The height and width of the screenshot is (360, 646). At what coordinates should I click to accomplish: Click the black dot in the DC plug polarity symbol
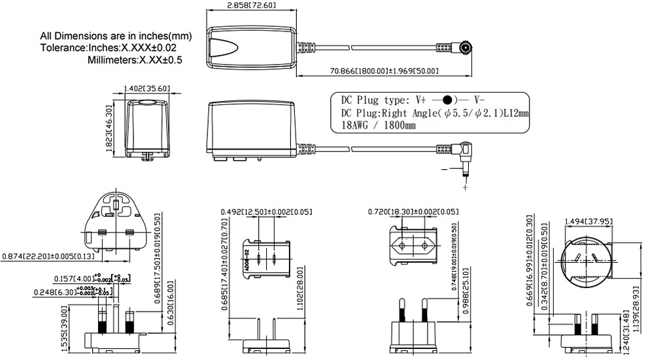coord(447,101)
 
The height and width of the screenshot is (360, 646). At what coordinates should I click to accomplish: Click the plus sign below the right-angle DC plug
coord(466,188)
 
